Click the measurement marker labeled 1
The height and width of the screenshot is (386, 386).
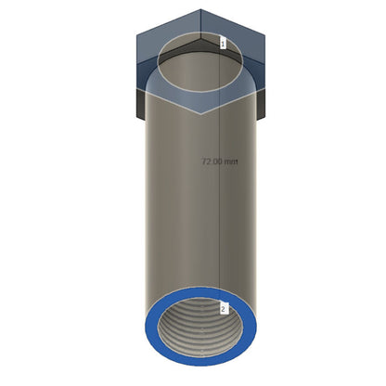point(223,43)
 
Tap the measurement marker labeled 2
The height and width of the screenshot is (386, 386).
point(224,308)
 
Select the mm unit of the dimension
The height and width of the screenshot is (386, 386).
point(231,161)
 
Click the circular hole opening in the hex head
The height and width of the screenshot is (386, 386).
point(200,62)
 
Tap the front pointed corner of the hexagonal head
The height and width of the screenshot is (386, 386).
point(200,114)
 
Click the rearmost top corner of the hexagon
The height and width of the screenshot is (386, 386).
point(200,9)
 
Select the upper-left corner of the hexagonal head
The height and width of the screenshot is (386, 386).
point(137,35)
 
